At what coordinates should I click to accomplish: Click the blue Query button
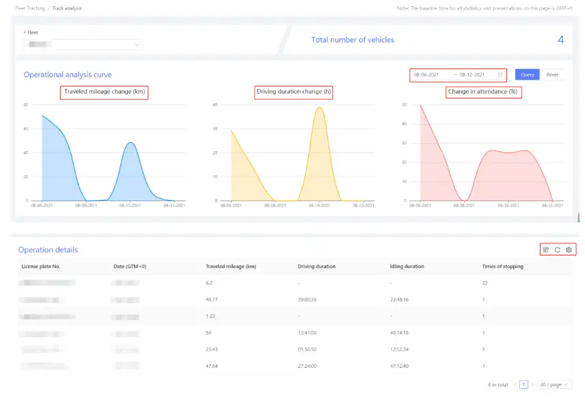pyautogui.click(x=527, y=75)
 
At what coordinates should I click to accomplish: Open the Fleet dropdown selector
pyautogui.click(x=83, y=44)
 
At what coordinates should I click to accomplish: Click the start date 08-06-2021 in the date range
pyautogui.click(x=426, y=75)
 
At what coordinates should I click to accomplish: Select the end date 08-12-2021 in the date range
pyautogui.click(x=472, y=75)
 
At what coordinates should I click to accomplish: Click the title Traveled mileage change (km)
pyautogui.click(x=105, y=92)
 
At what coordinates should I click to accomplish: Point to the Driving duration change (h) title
pyautogui.click(x=293, y=92)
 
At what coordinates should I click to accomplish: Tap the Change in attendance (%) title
pyautogui.click(x=483, y=92)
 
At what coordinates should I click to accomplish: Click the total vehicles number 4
pyautogui.click(x=560, y=40)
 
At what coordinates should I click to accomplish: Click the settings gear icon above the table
pyautogui.click(x=569, y=250)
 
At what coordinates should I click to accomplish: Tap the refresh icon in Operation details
pyautogui.click(x=557, y=250)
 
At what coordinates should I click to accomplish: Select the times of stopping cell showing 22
pyautogui.click(x=485, y=282)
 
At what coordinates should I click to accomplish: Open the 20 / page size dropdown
pyautogui.click(x=554, y=385)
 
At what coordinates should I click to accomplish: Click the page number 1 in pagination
pyautogui.click(x=524, y=385)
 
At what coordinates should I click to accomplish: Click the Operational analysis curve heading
pyautogui.click(x=68, y=75)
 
